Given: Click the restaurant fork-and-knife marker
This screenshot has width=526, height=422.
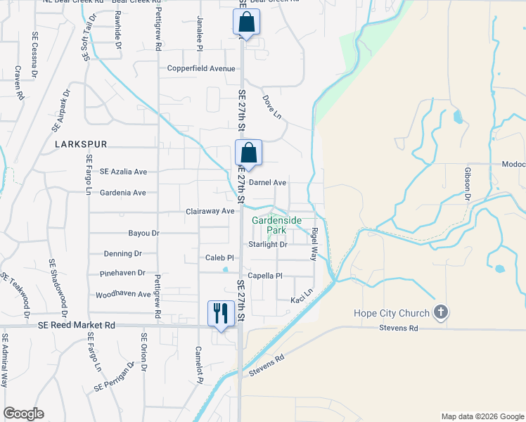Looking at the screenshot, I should pos(221,312).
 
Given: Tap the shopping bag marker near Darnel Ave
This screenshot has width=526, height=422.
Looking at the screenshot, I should pos(248,153).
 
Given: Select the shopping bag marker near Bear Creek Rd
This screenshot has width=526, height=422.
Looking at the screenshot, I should pos(247,22).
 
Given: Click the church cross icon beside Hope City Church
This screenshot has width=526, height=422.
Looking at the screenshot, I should pos(441,313).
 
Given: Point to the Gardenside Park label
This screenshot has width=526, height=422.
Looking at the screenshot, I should pos(277,225).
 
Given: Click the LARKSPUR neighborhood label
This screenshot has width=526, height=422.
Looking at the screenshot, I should pos(81,144).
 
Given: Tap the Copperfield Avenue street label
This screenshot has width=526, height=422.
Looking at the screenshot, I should pos(200,69).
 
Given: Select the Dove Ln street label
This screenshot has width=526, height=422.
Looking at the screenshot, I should pos(271,107).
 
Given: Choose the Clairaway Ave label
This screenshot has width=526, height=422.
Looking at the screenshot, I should pos(210,211).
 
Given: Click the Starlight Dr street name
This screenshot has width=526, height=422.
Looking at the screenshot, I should pos(268,245).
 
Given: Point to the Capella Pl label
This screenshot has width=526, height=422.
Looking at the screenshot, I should pos(264,276).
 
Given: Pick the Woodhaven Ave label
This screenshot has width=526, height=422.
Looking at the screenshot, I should pos(123,294).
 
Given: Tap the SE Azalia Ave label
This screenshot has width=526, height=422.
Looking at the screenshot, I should pos(123,172).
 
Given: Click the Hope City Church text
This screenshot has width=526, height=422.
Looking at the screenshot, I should pos(394,313).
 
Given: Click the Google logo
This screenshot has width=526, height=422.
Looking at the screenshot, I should pos(23,414).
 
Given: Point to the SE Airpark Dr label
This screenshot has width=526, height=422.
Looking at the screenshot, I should pos(61,111).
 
